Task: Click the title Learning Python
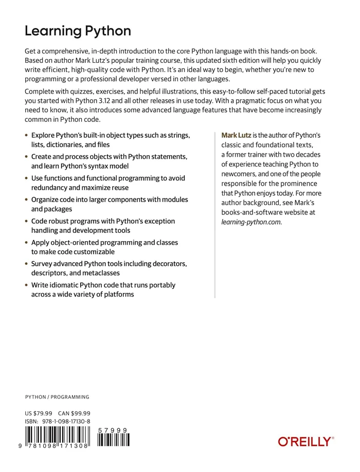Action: tap(78, 31)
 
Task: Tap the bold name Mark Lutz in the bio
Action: tap(237, 135)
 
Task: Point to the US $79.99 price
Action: tap(39, 413)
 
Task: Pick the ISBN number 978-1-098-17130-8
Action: tap(66, 422)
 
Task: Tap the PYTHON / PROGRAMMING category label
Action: tap(57, 397)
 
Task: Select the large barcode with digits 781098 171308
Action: tap(57, 438)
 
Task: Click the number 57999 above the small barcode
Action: tap(113, 430)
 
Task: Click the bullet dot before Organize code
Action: tap(27, 199)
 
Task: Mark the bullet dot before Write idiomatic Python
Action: tap(27, 285)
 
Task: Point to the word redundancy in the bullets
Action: tap(49, 188)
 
